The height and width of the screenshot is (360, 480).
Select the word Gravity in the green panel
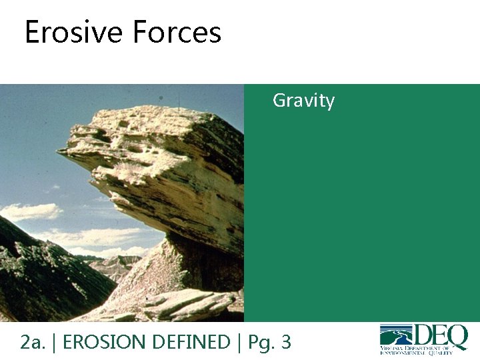click(x=303, y=101)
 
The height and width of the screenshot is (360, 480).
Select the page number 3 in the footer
click(x=285, y=342)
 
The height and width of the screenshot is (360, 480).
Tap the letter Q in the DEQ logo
click(x=457, y=337)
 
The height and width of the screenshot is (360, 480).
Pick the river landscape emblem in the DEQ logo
click(x=396, y=335)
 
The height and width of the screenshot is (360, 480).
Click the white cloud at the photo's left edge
click(x=30, y=211)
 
